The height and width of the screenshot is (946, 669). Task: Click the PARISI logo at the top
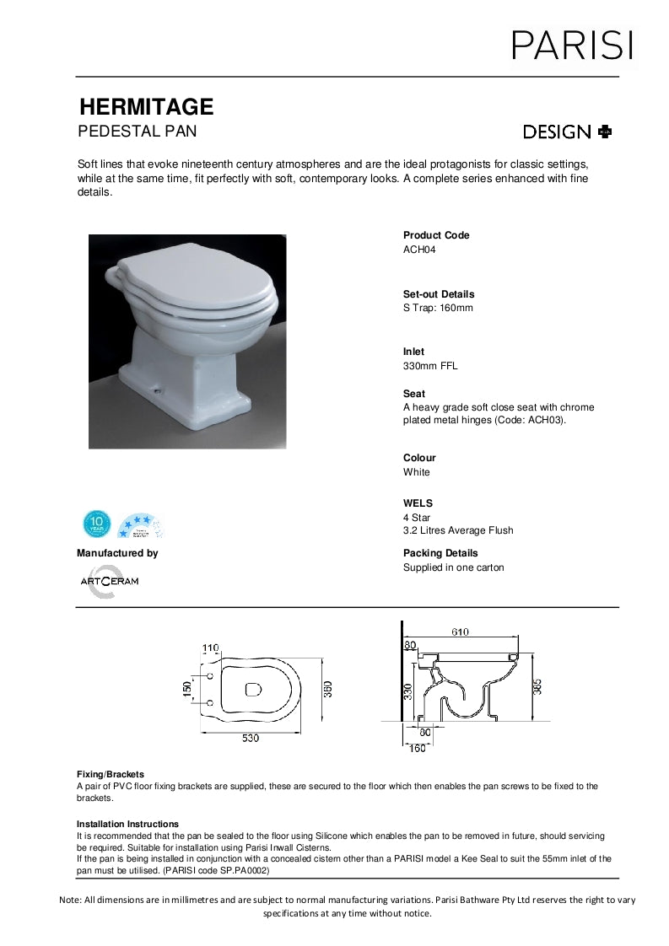click(x=572, y=44)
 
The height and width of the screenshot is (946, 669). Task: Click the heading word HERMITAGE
click(x=146, y=107)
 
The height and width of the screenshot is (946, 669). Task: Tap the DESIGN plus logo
click(x=568, y=132)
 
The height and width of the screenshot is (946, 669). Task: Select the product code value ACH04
click(x=418, y=250)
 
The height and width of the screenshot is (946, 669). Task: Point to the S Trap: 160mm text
click(x=438, y=308)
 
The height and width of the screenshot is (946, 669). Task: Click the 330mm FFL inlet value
click(x=430, y=366)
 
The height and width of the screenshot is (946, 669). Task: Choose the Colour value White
click(x=416, y=472)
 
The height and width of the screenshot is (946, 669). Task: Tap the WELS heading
click(x=418, y=503)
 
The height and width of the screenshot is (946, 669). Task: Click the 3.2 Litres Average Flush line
click(x=458, y=530)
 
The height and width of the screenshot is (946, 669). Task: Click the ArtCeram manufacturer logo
click(x=109, y=581)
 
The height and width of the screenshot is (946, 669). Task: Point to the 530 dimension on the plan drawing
click(x=251, y=739)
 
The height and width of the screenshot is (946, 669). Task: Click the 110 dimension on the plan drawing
click(x=211, y=648)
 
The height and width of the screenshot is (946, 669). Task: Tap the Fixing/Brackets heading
click(x=111, y=774)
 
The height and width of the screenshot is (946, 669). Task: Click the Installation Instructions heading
click(x=127, y=824)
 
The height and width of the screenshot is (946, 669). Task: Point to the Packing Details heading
click(x=440, y=553)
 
